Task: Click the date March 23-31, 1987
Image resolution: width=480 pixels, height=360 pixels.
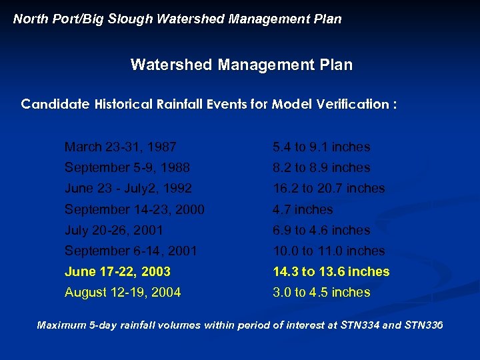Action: pos(120,147)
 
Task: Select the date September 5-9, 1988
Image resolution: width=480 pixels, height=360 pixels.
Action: pos(127,167)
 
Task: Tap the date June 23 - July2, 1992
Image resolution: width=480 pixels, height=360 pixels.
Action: pos(128,188)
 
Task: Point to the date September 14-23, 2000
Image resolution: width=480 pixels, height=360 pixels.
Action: pos(134,209)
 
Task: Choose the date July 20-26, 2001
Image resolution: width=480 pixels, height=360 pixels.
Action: pos(113,230)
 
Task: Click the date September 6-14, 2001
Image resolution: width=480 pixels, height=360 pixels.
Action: pos(131,251)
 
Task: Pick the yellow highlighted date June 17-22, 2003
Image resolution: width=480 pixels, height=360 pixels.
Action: pos(117,271)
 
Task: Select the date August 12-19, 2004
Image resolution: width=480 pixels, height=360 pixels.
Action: pos(122,292)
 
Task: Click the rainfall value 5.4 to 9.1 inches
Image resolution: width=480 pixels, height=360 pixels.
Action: pos(321,147)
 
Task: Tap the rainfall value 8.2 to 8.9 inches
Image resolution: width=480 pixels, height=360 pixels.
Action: pos(321,167)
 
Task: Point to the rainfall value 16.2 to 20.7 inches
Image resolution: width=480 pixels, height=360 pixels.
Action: pos(329,188)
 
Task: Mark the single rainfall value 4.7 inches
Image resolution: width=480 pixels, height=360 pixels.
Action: pos(303,209)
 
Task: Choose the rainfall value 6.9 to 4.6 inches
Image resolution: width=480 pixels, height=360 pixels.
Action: pos(321,230)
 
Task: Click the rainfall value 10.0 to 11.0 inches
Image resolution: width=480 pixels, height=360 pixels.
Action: pos(329,251)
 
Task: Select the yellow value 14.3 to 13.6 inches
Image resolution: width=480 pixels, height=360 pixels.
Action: pos(331,271)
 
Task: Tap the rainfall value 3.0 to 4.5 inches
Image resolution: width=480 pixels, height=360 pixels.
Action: pos(321,292)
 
